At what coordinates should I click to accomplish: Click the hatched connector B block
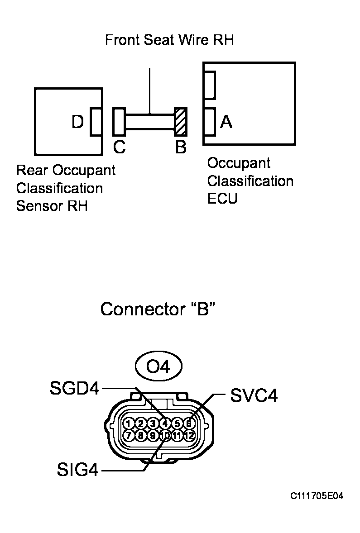[181, 122]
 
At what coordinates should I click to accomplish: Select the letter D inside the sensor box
[78, 122]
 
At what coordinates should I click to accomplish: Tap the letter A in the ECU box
[226, 122]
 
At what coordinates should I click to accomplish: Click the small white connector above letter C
[119, 122]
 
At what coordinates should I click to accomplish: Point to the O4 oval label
[158, 366]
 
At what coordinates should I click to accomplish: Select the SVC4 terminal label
[254, 395]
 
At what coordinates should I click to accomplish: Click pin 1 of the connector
[129, 424]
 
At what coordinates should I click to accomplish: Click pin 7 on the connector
[129, 436]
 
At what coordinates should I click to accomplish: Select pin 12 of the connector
[189, 436]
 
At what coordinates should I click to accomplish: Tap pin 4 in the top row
[165, 424]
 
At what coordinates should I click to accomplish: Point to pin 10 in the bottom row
[165, 436]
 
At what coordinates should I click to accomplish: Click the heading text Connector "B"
[157, 309]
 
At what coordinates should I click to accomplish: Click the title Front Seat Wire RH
[169, 40]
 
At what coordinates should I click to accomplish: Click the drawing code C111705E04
[317, 496]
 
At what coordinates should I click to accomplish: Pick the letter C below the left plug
[120, 148]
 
